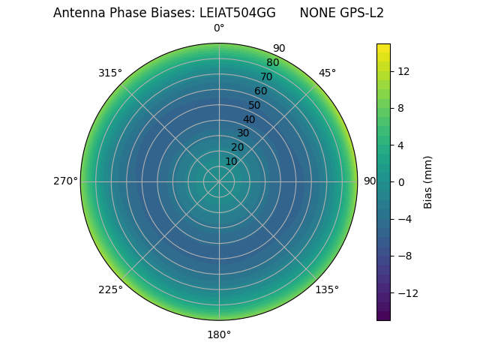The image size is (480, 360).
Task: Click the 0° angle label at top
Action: [219, 28]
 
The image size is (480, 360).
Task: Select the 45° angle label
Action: [327, 73]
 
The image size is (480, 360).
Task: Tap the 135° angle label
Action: [327, 289]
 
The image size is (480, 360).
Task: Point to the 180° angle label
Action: [219, 334]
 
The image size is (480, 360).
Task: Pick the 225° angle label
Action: [110, 289]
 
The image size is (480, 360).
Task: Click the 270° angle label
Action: [65, 181]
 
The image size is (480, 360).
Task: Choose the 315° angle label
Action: [110, 73]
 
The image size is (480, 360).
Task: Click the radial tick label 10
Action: [231, 161]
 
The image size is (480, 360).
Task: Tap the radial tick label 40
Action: [249, 119]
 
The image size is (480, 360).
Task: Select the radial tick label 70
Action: [266, 76]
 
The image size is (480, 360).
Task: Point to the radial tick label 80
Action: [272, 63]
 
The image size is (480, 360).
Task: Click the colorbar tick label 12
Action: [403, 71]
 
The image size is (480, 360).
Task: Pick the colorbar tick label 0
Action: [400, 181]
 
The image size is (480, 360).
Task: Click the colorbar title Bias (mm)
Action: [428, 181]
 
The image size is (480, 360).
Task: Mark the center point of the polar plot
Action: [219, 181]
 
